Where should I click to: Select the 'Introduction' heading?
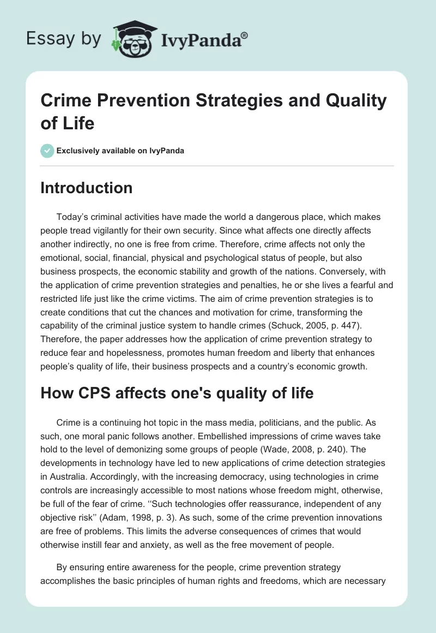coord(86,188)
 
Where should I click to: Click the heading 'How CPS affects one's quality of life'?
coord(177,393)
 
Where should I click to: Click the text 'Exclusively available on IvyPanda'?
coord(120,151)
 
